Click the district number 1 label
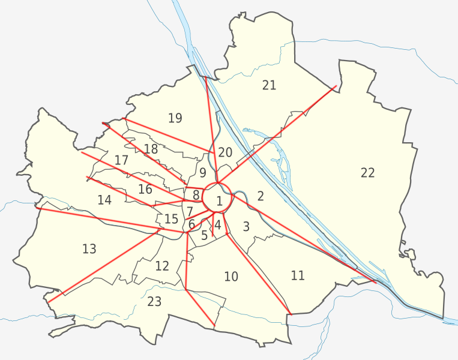(x=219, y=202)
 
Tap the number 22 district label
(x=367, y=173)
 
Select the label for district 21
(x=269, y=85)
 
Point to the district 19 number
(x=175, y=118)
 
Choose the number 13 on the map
(x=89, y=248)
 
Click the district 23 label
(x=154, y=301)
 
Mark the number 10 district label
(x=231, y=277)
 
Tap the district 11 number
(x=298, y=275)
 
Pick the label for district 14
(x=104, y=200)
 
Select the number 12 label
(x=162, y=265)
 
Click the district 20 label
(x=224, y=152)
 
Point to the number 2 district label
(x=260, y=196)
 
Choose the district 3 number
(x=246, y=226)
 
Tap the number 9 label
(x=203, y=173)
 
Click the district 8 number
(x=196, y=194)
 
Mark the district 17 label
(x=121, y=160)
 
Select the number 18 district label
(x=151, y=149)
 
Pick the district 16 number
(x=145, y=190)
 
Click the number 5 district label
(x=204, y=236)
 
